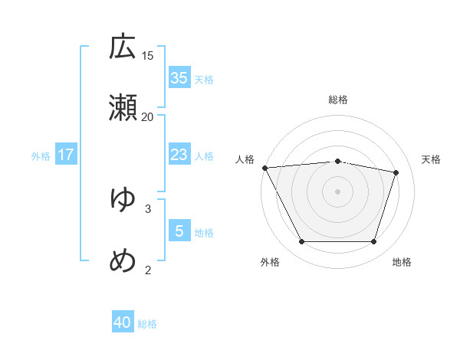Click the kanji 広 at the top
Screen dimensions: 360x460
click(x=123, y=47)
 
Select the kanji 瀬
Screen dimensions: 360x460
click(x=123, y=108)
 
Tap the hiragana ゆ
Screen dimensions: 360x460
click(x=123, y=199)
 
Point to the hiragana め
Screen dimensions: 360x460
click(x=123, y=260)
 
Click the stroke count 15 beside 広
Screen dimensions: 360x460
click(x=148, y=55)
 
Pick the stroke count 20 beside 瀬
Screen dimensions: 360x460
click(x=148, y=116)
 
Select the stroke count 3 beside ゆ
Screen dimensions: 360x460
click(x=148, y=208)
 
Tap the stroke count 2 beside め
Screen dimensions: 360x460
click(x=148, y=269)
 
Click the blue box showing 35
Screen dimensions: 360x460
click(x=179, y=78)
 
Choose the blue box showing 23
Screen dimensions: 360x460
click(x=179, y=155)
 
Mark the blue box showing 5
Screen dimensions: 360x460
click(x=179, y=231)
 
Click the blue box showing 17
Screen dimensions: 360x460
click(x=66, y=155)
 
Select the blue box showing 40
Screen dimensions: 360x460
click(x=123, y=322)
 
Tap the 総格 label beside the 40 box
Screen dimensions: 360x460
click(x=147, y=324)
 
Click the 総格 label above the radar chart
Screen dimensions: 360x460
click(x=338, y=100)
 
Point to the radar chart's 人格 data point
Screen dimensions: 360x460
click(x=264, y=168)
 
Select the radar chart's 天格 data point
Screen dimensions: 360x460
click(x=396, y=172)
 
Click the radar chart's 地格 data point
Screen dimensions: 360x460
click(x=373, y=242)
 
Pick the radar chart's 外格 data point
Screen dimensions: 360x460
click(x=301, y=242)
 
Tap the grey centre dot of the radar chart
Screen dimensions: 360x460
click(x=337, y=191)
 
